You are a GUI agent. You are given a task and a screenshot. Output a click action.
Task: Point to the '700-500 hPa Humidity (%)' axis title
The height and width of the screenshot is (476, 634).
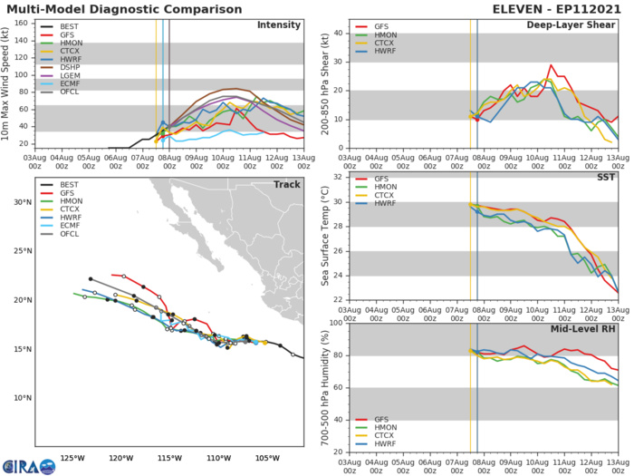pos(323,386)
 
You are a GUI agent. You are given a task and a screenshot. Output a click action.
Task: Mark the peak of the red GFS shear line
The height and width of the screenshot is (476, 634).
pos(550,64)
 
